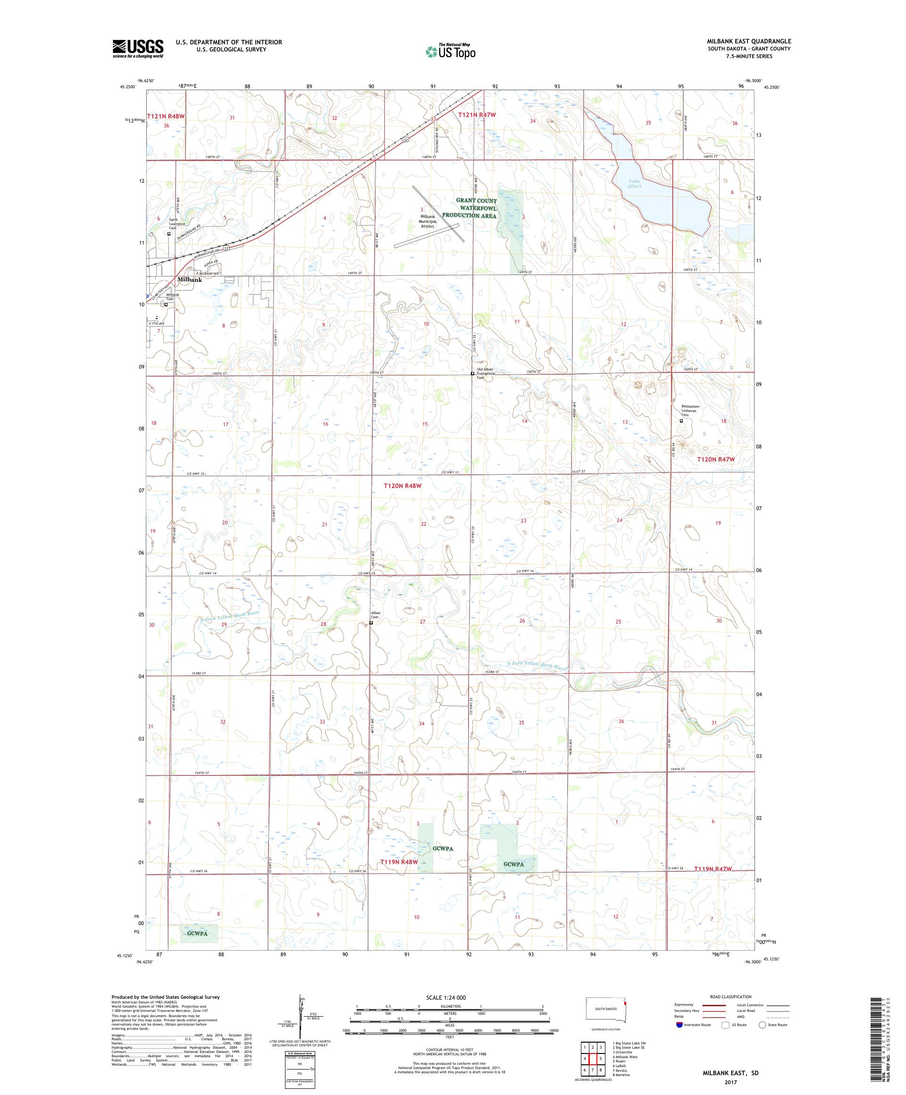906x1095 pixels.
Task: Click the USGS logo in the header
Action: point(138,49)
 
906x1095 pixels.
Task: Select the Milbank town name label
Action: point(189,279)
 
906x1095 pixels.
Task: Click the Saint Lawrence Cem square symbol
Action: point(169,234)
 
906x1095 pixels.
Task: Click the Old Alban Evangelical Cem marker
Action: point(472,373)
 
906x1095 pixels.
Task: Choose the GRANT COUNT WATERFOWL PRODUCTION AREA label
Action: point(476,208)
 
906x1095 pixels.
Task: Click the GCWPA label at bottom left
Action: point(199,934)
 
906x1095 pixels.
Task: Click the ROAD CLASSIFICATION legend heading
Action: point(732,996)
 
